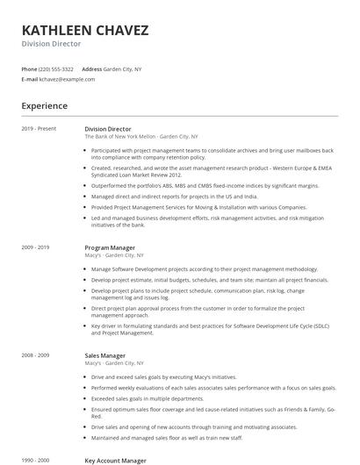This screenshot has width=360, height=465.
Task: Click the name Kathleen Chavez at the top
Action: point(85,31)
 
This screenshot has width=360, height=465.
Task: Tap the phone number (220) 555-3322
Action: point(56,68)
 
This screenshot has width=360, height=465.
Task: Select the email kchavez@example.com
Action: point(67,79)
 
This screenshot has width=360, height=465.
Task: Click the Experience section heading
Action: point(45,106)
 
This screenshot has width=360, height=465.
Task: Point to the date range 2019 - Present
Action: point(39,129)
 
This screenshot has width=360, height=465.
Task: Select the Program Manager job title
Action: point(110,248)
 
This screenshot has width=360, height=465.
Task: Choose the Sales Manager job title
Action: point(105,355)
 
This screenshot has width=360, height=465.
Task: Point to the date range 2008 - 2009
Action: point(36,355)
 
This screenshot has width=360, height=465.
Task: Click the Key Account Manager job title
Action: point(115,460)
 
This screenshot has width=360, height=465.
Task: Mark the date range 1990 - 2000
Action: point(36,460)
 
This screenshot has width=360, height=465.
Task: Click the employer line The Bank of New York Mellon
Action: point(120,138)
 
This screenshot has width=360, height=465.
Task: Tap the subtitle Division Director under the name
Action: point(51,43)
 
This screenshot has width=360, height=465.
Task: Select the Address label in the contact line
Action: point(91,68)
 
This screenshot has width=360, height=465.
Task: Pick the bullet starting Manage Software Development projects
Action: point(204,268)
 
